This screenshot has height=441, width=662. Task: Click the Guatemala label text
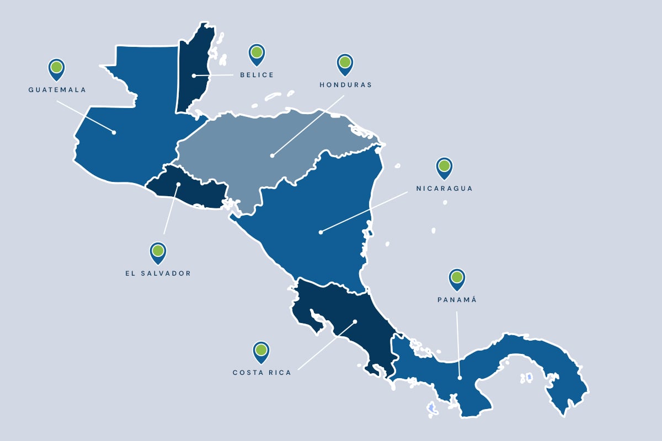pos(57,89)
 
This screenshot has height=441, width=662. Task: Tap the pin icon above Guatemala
pos(56,68)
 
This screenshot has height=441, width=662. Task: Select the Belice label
pos(257,75)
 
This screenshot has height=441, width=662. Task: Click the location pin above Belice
pos(257,53)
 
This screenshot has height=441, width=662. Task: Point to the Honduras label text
pos(346,85)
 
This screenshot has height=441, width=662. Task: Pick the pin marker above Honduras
pos(345,63)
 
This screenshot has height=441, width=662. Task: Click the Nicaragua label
pos(445,189)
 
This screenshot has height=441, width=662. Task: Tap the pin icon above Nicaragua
pos(444,167)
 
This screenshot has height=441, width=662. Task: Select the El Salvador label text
pos(158,273)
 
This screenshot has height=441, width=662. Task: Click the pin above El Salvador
pos(158,252)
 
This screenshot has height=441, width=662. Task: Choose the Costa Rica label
pos(261,373)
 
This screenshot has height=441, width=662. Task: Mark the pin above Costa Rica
pos(261,351)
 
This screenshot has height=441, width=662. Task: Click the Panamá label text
pos(457,300)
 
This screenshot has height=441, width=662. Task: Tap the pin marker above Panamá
pos(457,278)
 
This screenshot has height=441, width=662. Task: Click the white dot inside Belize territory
pos(193,76)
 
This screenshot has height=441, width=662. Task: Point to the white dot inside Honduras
pos(272,155)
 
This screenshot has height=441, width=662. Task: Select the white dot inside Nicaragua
pos(321,232)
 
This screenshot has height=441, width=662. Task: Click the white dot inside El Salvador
pos(179,184)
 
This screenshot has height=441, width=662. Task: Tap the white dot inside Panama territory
pos(460,378)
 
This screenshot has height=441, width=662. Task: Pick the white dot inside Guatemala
pos(114,132)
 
